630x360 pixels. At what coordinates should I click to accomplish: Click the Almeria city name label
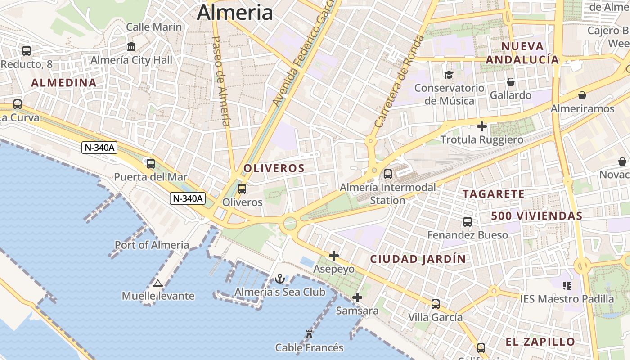(234, 12)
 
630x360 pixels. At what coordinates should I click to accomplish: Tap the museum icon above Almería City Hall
(131, 46)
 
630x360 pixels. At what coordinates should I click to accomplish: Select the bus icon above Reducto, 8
(27, 51)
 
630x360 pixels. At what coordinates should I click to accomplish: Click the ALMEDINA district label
(63, 83)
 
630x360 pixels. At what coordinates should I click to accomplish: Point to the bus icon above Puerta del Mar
(151, 164)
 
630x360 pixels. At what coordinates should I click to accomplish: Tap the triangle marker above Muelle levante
(157, 283)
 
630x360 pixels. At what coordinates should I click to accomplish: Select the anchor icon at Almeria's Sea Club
(280, 279)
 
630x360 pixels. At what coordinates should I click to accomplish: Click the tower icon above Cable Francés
(309, 334)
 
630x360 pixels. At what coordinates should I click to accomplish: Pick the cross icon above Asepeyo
(333, 256)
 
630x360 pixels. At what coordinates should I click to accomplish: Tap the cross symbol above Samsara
(357, 297)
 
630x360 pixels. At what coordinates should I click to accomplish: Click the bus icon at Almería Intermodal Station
(388, 174)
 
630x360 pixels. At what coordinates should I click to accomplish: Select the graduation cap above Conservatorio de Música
(449, 75)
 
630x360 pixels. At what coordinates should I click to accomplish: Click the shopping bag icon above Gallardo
(511, 82)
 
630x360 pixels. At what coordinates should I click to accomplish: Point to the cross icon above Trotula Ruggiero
(482, 126)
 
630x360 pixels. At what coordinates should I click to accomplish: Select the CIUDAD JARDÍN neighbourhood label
(418, 259)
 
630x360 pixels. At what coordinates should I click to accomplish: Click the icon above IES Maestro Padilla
(567, 285)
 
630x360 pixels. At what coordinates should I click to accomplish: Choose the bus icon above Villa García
(435, 304)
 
